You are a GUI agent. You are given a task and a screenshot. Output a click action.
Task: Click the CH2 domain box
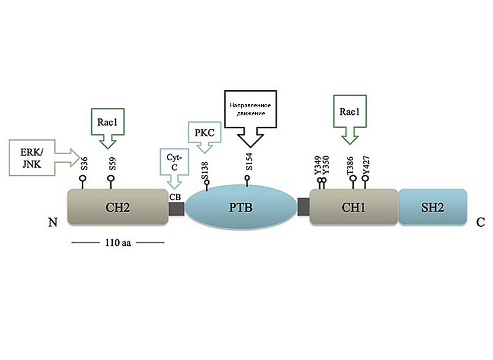[118, 207]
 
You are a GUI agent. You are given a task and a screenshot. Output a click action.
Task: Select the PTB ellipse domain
[241, 207]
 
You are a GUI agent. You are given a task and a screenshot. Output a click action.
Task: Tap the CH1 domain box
[354, 207]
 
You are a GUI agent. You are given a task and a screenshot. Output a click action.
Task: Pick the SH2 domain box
[433, 207]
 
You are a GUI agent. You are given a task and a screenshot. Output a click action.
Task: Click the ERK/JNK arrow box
[44, 158]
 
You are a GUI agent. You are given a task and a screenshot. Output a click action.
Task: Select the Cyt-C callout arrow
[174, 168]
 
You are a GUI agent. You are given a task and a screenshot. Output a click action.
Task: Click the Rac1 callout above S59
[108, 128]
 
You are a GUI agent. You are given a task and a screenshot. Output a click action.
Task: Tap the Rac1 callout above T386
[350, 120]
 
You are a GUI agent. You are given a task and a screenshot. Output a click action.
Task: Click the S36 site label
[84, 164]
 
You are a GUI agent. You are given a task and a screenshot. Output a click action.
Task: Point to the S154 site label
[249, 162]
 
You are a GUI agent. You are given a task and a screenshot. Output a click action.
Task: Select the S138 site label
[205, 170]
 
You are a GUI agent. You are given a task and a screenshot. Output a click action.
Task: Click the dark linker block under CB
[176, 209]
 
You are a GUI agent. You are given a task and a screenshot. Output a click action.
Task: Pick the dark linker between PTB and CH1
[303, 207]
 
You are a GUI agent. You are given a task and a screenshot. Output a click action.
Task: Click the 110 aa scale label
[118, 243]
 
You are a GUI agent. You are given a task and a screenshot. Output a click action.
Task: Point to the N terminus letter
[53, 223]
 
